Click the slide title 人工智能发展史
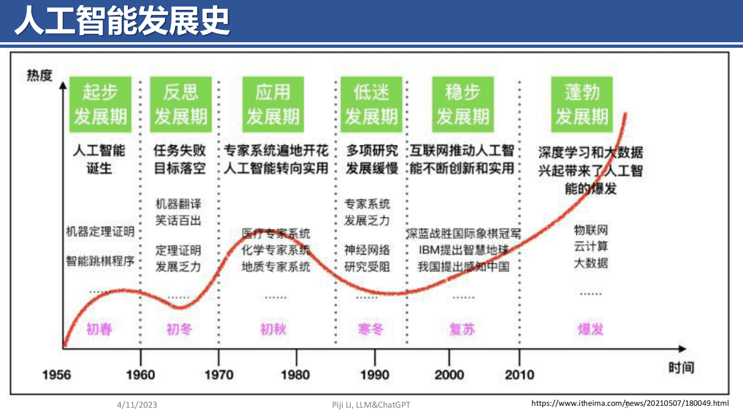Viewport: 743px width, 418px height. tap(122, 21)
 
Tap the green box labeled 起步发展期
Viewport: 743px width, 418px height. tap(100, 104)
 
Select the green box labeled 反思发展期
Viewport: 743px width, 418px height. tap(181, 104)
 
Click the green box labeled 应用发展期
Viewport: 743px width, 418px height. tap(273, 104)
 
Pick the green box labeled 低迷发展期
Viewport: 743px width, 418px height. tap(371, 104)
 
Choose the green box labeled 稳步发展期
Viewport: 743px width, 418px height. tap(463, 104)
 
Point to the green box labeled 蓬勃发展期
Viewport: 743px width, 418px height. tap(581, 104)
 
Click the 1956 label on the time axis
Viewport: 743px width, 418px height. tap(56, 375)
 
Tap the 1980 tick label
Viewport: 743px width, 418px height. tap(295, 375)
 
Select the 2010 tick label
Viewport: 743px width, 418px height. tap(519, 375)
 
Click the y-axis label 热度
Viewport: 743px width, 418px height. tap(39, 75)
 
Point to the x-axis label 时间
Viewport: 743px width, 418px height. tap(681, 368)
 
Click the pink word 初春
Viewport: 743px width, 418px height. tap(99, 329)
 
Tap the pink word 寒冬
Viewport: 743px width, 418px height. tap(370, 329)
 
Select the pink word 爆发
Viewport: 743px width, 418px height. tap(590, 329)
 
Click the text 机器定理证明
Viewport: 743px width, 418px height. tap(100, 231)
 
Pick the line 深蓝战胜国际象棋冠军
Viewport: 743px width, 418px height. tap(463, 233)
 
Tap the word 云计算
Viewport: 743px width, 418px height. tap(591, 246)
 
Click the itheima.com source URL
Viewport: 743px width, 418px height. tap(630, 403)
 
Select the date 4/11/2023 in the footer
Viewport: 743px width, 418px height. tap(137, 405)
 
